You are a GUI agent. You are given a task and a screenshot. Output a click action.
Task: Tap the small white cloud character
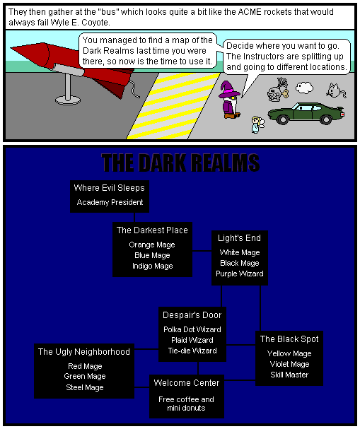coord(304,88)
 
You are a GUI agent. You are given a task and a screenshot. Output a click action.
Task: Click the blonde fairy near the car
coord(257,125)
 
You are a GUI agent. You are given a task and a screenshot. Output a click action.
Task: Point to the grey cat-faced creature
coord(336,90)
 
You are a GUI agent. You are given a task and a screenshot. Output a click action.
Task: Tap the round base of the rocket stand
coord(68,100)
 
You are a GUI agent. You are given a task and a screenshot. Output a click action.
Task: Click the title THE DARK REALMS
coord(180,163)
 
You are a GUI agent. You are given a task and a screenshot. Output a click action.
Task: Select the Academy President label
coord(110,202)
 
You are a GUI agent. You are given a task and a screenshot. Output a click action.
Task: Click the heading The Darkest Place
coord(152,230)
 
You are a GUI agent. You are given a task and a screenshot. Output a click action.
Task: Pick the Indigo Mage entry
coord(153,266)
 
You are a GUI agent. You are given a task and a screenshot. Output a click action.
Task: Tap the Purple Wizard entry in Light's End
coord(240,274)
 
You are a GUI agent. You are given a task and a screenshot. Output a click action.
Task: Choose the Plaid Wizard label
coord(192,340)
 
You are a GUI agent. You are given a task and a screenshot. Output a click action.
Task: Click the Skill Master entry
coord(289,375)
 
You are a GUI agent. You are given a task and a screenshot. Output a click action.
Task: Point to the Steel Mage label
coord(85,387)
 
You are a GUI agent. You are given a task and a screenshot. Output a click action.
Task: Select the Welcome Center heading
coord(187,383)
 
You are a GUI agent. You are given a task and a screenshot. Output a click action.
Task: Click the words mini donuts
coord(186,408)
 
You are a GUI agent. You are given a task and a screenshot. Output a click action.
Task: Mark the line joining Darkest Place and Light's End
coord(202,251)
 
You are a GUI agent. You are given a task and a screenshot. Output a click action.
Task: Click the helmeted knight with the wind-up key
coord(277,90)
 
